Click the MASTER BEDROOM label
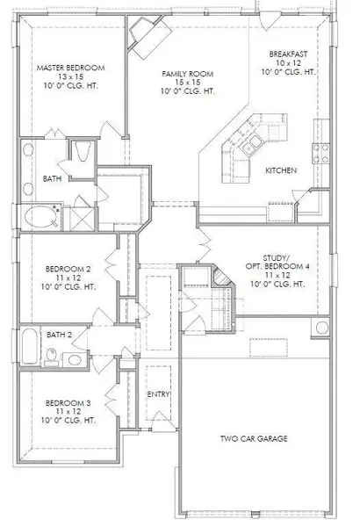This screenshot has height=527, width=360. coord(70,68)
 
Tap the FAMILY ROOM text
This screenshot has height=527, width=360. coord(188,74)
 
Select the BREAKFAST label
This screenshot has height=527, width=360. coord(288,54)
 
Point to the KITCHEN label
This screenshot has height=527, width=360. coord(281,170)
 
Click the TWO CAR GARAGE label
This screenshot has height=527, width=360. coord(254,438)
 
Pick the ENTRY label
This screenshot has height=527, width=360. coord(158,394)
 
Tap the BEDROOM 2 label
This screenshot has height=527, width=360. coord(68,270)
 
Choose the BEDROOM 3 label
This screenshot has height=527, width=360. coord(68,403)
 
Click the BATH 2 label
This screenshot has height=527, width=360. coord(59,335)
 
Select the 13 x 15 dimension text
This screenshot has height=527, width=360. coord(70,76)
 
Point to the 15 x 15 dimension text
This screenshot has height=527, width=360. coord(188,83)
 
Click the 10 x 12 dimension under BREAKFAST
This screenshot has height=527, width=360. coord(288,63)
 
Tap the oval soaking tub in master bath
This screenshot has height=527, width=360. coord(41,217)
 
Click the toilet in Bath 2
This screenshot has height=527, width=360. coord(52,357)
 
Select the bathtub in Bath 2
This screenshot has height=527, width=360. coord(30,346)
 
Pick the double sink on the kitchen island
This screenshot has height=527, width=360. coord(251,145)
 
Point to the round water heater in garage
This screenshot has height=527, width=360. coord(321,328)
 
